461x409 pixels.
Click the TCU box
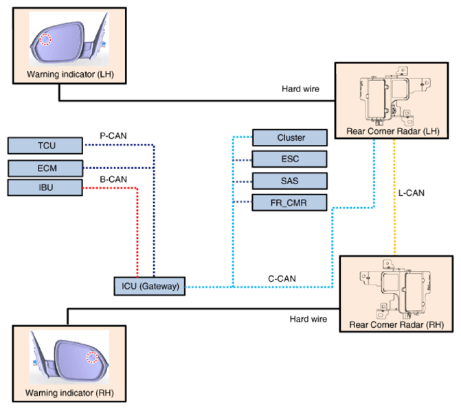point(45,145)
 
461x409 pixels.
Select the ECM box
point(45,168)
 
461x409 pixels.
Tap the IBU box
point(45,188)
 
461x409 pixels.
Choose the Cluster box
point(290,137)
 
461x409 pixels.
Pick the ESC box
point(290,159)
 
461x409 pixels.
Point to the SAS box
point(290,181)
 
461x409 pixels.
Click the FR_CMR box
point(290,203)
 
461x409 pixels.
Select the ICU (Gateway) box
point(150,286)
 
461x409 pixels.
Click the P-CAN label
point(113,135)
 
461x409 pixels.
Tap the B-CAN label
point(113,179)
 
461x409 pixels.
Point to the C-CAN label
point(282,278)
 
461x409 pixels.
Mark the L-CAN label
point(412,192)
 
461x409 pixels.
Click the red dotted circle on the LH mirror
point(45,39)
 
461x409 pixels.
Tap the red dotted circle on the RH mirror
point(92,357)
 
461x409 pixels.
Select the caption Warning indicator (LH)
point(70,74)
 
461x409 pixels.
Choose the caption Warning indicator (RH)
point(69,393)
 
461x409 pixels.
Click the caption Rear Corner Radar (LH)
point(393,131)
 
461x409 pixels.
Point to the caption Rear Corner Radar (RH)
point(396,324)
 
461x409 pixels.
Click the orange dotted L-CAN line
point(394,197)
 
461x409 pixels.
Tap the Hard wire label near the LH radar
point(300,89)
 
